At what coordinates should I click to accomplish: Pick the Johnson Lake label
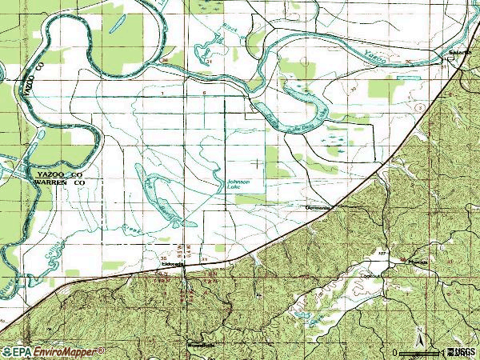(238, 185)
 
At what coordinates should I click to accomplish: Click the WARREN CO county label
(58, 182)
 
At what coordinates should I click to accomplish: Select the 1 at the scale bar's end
(442, 352)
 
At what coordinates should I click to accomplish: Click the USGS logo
(462, 351)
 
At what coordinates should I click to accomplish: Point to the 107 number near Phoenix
(382, 254)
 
